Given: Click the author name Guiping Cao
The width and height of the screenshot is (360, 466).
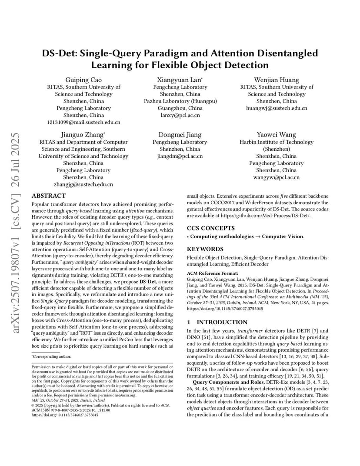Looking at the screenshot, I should point(83,80).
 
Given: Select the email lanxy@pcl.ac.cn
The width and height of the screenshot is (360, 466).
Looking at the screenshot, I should point(180,115).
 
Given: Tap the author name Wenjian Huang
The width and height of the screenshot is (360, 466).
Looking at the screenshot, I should point(277,80).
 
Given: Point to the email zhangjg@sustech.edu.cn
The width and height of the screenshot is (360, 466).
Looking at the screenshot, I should point(83,184).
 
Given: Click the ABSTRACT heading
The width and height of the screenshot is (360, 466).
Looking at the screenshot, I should point(49,196).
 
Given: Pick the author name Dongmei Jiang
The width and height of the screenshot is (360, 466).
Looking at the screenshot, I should point(180,135).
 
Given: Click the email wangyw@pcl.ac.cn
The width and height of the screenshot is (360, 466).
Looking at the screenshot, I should point(277,177).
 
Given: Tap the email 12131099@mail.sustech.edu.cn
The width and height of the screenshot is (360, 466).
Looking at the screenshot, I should point(83,122).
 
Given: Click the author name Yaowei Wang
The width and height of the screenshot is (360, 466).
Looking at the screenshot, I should point(277,135).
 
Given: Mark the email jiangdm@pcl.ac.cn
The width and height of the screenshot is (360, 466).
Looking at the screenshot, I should point(180,156).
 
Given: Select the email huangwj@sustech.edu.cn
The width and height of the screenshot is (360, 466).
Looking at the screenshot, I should point(277,108).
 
